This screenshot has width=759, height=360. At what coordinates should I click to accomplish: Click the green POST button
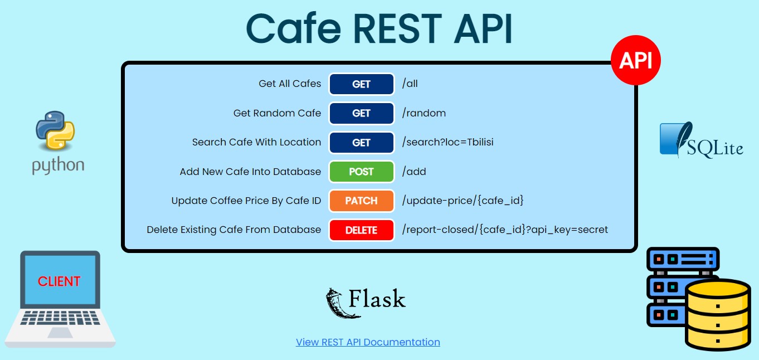(361, 172)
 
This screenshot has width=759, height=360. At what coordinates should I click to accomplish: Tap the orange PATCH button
(361, 201)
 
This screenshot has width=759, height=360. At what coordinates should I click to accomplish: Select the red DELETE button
(361, 230)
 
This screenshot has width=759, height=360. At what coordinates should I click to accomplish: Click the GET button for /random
(361, 113)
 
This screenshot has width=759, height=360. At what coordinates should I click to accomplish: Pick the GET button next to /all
(361, 84)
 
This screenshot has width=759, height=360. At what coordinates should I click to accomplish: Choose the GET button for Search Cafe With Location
(361, 142)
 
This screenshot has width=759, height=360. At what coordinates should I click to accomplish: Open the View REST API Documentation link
(368, 342)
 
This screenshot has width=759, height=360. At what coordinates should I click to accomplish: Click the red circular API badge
(635, 61)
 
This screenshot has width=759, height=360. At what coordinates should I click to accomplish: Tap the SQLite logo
(701, 140)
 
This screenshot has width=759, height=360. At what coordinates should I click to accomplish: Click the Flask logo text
(376, 299)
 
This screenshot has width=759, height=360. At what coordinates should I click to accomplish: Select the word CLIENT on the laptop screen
(59, 281)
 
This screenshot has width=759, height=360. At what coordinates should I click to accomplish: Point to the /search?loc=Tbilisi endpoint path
(447, 142)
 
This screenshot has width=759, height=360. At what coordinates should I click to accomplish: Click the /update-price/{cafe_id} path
(463, 201)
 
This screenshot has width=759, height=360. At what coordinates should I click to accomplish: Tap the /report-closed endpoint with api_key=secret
(505, 230)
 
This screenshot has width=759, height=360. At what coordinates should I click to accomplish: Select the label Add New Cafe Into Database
(250, 172)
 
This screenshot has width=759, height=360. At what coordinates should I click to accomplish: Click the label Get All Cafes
(290, 84)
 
